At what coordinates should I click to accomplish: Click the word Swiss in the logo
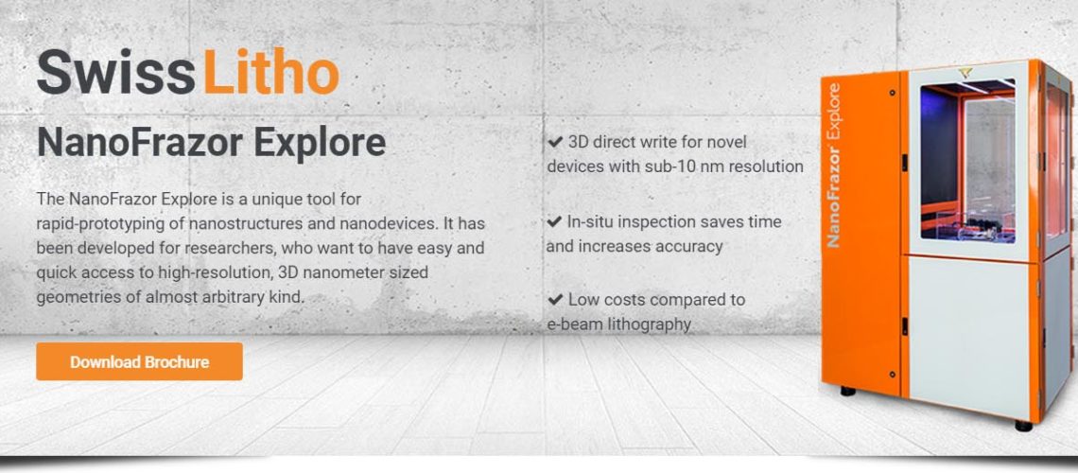coord(115,72)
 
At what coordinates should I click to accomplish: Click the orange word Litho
coord(270,72)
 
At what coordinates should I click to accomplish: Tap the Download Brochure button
coord(140,361)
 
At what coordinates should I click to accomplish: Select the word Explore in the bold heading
coord(320,143)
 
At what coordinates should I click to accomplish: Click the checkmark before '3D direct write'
coord(555,142)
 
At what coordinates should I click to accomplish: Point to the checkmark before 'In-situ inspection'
coord(554,222)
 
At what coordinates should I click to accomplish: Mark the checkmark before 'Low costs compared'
coord(555,300)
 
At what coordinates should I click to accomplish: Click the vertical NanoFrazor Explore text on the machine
coord(834,166)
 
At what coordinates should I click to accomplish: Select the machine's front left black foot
coord(848,392)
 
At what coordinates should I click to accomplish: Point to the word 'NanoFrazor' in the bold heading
coord(140,143)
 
